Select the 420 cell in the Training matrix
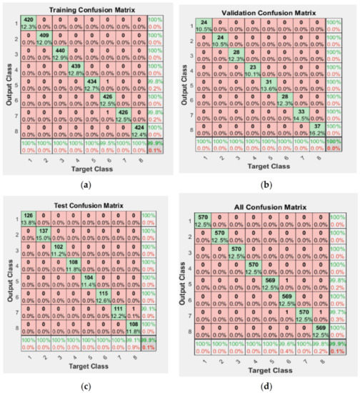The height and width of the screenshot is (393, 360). (x=29, y=23)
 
